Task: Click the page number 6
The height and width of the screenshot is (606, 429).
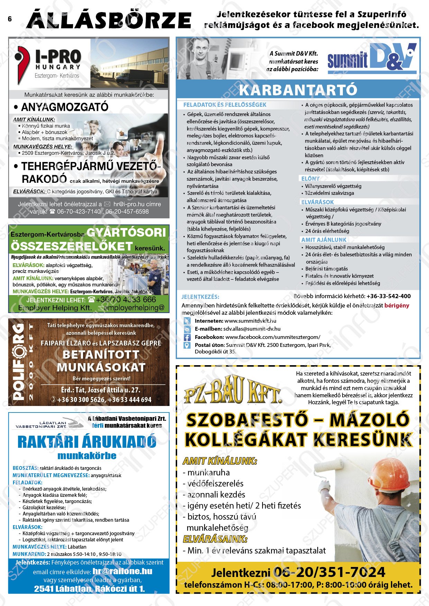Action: click(10, 19)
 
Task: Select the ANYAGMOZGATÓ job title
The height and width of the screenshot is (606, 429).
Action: click(65, 107)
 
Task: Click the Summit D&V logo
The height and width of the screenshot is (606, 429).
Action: click(372, 58)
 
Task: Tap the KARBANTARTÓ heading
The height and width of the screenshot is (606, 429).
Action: click(298, 90)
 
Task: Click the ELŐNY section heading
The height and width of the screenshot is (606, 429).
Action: click(310, 179)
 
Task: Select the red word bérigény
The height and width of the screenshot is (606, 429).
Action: click(396, 305)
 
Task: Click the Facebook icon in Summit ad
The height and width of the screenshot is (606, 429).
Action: click(187, 337)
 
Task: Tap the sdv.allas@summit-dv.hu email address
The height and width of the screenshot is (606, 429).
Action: click(252, 329)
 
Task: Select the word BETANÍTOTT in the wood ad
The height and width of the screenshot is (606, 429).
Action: click(101, 355)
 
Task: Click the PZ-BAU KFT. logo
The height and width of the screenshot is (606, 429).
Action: click(232, 391)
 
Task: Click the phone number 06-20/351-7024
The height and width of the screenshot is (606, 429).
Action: click(329, 572)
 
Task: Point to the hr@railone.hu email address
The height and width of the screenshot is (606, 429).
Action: click(122, 571)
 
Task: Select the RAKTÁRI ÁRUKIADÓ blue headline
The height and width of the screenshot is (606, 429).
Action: click(87, 442)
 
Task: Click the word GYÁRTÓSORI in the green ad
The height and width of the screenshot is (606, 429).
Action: click(126, 233)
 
